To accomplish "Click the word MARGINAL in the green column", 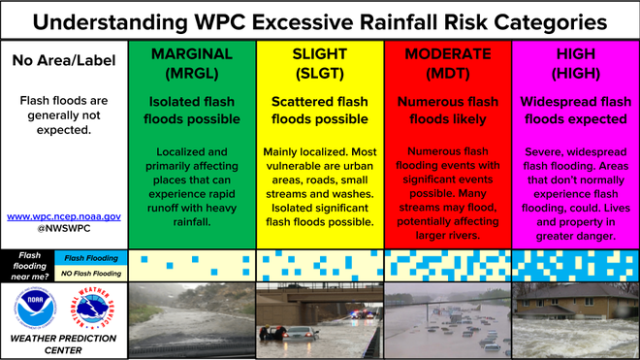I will (191, 53).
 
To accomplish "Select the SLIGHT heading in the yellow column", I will (320, 53).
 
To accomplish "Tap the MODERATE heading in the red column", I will (447, 53).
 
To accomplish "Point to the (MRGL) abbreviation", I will (191, 73).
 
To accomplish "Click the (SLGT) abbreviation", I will (320, 73).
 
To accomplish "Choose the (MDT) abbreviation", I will (447, 73).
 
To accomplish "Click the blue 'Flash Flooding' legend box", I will (88, 257).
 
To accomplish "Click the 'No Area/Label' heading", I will (63, 61).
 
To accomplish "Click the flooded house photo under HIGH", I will (575, 320).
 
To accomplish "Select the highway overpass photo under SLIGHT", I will (320, 320).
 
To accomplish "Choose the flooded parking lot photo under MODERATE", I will (447, 320).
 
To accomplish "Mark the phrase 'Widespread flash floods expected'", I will (575, 110).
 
